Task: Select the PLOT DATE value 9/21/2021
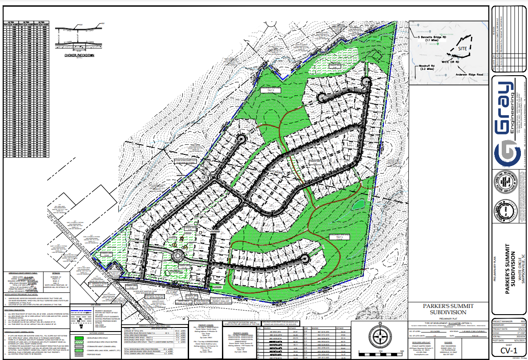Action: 516,340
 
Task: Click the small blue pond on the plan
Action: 356,205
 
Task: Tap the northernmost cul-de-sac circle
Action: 366,81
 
